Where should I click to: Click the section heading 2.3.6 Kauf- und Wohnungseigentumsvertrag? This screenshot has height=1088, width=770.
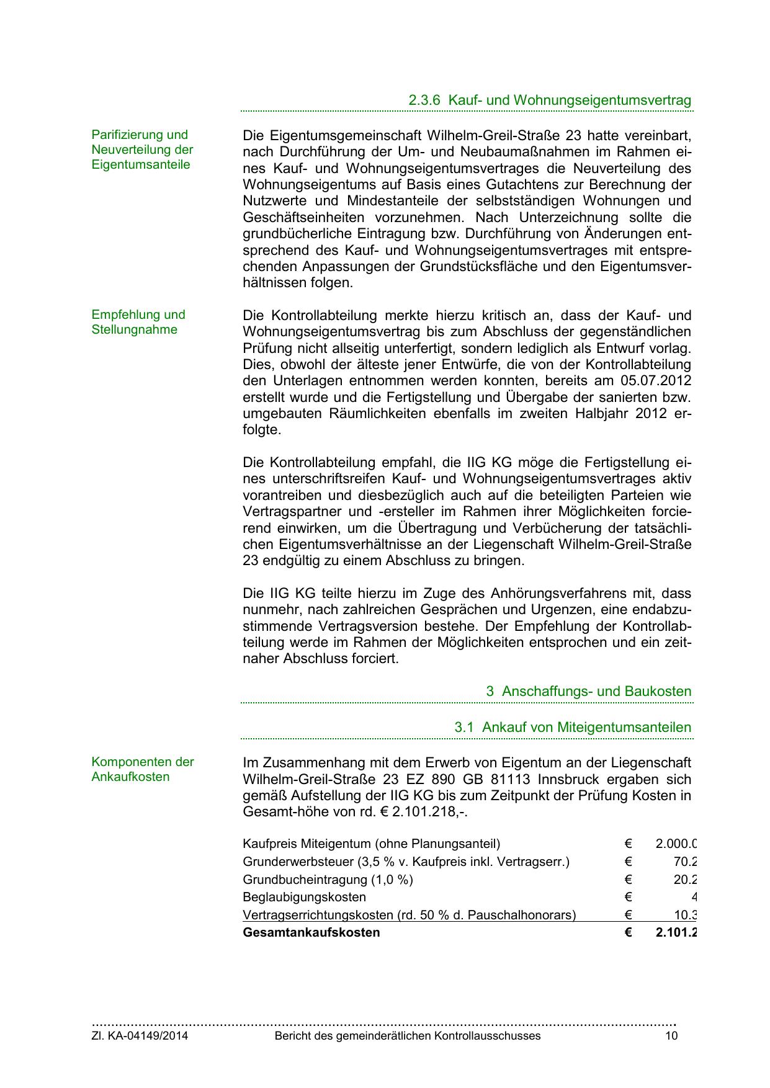(x=550, y=100)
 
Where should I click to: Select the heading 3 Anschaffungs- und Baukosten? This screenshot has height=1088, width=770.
(x=588, y=691)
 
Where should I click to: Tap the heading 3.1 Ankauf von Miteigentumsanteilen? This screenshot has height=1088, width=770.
(x=573, y=727)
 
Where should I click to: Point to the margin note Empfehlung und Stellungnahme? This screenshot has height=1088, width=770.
(x=138, y=322)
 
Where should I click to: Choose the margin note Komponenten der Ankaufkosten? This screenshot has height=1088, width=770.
(x=143, y=769)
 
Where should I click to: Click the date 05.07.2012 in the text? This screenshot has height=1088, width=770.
(x=656, y=381)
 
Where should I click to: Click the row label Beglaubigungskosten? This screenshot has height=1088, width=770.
(x=304, y=897)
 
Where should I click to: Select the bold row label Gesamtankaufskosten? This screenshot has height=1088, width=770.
(x=311, y=932)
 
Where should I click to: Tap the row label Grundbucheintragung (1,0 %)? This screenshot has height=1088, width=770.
(x=328, y=880)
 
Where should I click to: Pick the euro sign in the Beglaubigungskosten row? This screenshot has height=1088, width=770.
(x=628, y=897)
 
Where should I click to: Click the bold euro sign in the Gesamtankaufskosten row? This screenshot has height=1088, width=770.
(x=628, y=932)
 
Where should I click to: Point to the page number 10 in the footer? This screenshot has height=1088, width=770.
(x=671, y=1036)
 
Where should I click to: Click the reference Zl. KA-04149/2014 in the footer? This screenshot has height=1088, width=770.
(x=140, y=1036)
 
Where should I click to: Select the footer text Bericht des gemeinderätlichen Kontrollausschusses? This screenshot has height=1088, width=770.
(x=407, y=1036)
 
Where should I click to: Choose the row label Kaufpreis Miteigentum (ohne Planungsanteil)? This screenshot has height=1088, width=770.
(x=371, y=844)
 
